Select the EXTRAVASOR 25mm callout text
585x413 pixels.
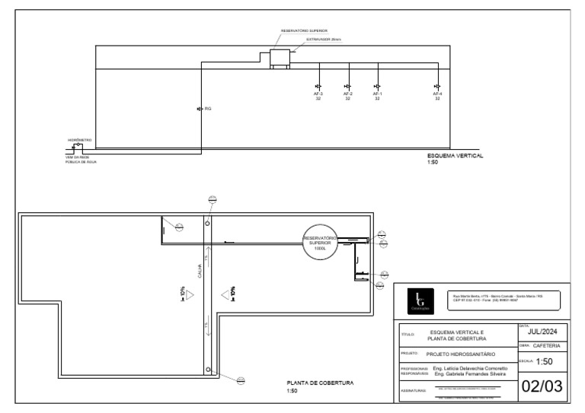pos(322,38)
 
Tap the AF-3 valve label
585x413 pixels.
pos(318,94)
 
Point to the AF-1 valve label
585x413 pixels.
pos(377,94)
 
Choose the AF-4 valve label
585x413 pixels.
pos(437,94)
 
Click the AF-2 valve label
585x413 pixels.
pos(347,94)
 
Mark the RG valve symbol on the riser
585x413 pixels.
pos(200,109)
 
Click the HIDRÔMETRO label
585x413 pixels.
pos(79,139)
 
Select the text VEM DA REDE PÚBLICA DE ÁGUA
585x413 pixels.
pos(81,160)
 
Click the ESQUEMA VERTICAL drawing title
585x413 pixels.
pos(455,155)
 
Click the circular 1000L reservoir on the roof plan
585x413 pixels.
pos(321,242)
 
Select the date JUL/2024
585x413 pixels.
pos(542,332)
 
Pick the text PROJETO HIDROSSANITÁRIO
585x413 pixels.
pos(460,354)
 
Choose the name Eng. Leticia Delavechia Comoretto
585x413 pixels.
pos(470,368)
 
